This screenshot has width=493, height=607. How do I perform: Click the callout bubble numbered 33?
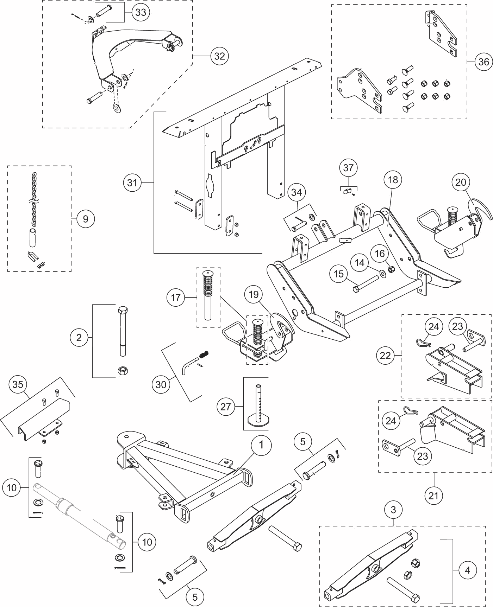pos(141,12)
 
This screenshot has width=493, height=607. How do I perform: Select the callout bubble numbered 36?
pos(483,62)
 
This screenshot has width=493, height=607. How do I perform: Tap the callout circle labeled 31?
pos(132,183)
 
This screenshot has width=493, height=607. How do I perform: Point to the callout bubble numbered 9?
pos(86,219)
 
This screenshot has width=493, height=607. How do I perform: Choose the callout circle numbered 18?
pos(393,180)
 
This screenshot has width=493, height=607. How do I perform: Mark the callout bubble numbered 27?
pos(225,407)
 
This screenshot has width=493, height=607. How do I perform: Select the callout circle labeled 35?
pos(18,384)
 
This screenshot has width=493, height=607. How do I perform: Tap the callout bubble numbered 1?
pos(261,445)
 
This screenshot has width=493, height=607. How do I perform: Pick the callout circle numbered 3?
pos(393,510)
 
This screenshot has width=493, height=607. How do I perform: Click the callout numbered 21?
pos(433,496)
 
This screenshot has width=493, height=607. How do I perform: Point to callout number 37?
pos(348,167)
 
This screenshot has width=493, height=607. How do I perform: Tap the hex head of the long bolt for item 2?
pos(123,311)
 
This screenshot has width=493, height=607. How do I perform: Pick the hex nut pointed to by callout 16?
pos(391,269)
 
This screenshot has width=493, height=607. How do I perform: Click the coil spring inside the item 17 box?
pos(208,283)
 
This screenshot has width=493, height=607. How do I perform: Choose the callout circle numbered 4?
pos(467,570)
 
